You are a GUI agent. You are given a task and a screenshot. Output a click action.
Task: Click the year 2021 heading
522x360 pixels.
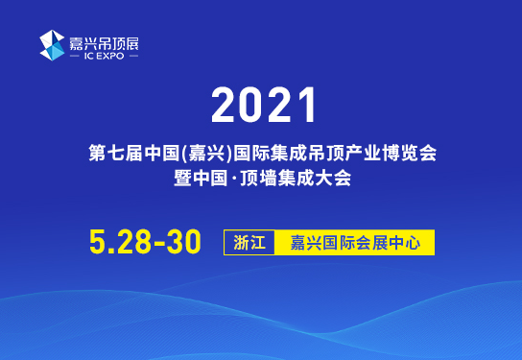(261, 105)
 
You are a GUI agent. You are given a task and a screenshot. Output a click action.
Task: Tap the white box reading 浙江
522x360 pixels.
(249, 242)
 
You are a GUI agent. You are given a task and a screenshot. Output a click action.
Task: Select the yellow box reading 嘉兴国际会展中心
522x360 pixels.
(354, 242)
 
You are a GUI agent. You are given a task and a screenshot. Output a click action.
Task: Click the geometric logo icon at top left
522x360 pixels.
(52, 45)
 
